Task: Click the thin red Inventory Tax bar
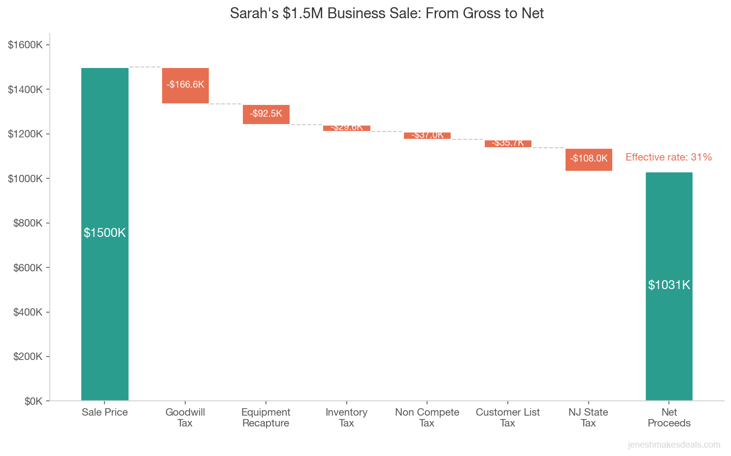347,128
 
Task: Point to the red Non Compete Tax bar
427,136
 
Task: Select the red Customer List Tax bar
508,144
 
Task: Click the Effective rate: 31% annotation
668,157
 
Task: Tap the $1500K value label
104,233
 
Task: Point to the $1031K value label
669,285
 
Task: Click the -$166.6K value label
185,85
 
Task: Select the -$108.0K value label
589,159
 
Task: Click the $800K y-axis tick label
28,223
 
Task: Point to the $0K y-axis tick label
33,401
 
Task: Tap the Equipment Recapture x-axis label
266,418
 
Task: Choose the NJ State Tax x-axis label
588,418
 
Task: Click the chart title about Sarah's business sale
387,13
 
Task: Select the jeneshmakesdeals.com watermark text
674,445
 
